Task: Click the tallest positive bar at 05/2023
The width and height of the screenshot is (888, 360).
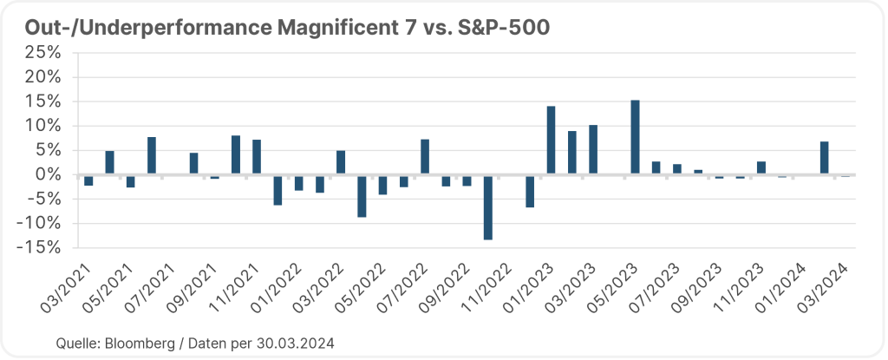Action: click(635, 137)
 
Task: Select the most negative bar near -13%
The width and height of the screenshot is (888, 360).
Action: click(488, 206)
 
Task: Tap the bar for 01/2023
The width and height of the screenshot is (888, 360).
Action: click(551, 141)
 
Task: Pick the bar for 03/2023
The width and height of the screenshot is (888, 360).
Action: click(593, 149)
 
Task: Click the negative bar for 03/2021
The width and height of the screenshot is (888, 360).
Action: click(88, 180)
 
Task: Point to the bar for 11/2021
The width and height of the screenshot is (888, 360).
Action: click(257, 157)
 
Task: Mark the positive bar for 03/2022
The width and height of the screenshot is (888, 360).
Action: click(341, 162)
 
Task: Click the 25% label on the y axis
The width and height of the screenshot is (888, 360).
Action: click(43, 52)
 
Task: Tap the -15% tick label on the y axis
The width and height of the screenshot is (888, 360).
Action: click(41, 247)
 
